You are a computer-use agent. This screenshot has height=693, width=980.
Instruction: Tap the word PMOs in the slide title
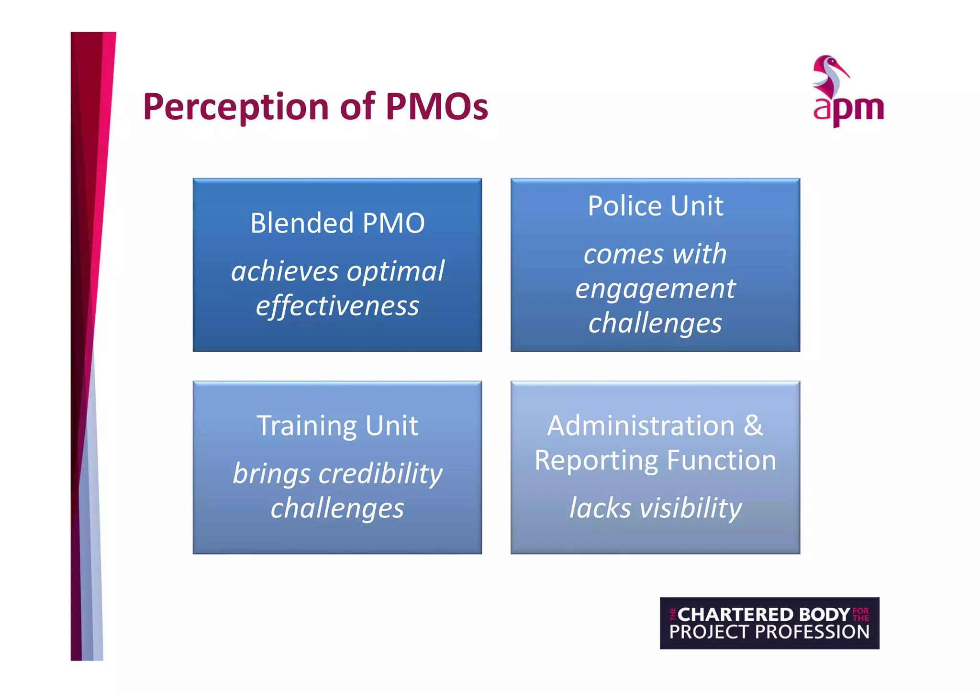point(436,106)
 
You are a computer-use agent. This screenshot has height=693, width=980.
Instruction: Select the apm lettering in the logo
point(848,110)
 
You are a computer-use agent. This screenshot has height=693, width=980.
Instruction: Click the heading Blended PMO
point(337,223)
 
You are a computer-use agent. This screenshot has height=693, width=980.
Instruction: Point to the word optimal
point(396,272)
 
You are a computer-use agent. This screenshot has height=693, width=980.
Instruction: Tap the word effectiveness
point(337,306)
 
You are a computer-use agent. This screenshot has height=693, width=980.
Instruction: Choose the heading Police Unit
point(655,206)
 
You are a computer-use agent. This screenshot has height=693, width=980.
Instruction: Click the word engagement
point(655,289)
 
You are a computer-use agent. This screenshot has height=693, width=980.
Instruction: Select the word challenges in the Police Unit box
point(655,323)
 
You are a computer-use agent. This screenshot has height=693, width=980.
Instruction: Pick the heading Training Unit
point(337,425)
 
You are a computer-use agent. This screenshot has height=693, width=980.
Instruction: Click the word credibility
point(380,474)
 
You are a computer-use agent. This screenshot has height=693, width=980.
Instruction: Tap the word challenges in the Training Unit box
point(337,508)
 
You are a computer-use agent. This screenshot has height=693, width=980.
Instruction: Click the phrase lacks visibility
point(655,508)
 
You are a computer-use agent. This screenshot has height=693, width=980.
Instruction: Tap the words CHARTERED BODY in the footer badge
point(764,614)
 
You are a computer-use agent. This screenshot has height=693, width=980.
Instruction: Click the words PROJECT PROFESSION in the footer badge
point(769,632)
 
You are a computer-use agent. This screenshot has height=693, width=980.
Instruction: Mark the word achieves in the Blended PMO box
point(285,272)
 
